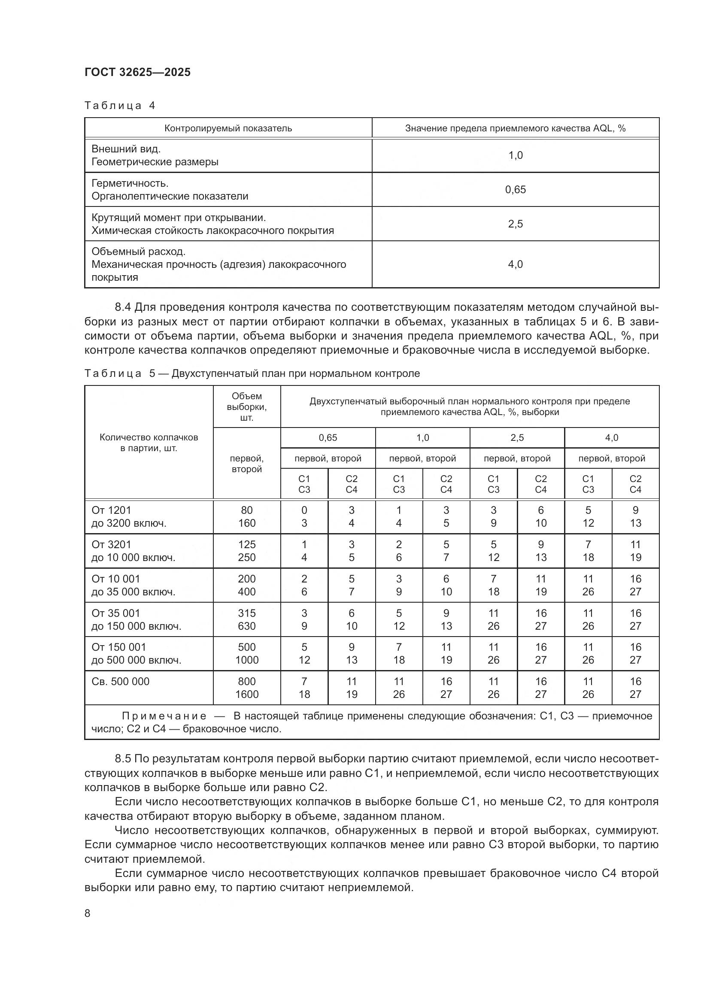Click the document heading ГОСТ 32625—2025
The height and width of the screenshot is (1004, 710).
(x=138, y=73)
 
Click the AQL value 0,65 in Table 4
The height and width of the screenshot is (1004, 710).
(x=515, y=189)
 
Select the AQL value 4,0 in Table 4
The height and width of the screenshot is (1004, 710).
(x=515, y=264)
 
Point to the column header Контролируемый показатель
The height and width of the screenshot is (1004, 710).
(x=228, y=128)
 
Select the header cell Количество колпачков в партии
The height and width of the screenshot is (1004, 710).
(x=149, y=443)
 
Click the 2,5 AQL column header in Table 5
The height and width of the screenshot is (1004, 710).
(x=517, y=438)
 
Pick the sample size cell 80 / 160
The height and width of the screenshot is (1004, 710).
(x=246, y=516)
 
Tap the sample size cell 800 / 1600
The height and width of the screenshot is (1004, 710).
(x=246, y=687)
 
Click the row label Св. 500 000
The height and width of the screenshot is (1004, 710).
(x=120, y=681)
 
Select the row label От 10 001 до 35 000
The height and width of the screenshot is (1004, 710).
(x=133, y=585)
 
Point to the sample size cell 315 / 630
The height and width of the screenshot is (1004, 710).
(x=246, y=619)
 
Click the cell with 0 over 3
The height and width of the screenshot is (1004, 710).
(x=304, y=516)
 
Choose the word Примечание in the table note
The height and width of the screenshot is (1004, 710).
(x=164, y=716)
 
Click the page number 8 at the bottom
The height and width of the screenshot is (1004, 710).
(x=88, y=913)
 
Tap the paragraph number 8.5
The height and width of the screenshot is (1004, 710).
(x=123, y=758)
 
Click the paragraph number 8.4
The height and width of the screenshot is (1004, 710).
(x=123, y=307)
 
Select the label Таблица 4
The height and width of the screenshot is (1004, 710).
(x=120, y=106)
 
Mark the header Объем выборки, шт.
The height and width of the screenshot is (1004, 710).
(x=246, y=406)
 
